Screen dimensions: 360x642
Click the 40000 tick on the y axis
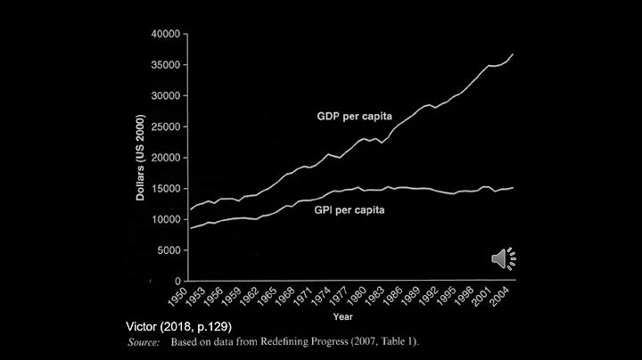click(x=167, y=34)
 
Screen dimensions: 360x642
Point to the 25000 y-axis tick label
click(x=167, y=127)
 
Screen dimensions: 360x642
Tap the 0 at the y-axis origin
click(x=178, y=281)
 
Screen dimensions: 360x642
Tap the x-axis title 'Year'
click(x=342, y=316)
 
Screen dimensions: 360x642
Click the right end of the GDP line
click(x=514, y=54)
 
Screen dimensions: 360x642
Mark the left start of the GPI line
click(x=190, y=229)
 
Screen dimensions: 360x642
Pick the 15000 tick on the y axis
click(x=167, y=188)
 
